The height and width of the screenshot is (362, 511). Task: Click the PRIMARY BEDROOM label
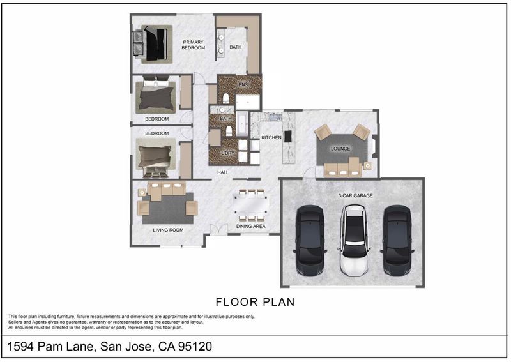click(194, 45)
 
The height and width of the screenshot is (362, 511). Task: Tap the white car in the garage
click(355, 240)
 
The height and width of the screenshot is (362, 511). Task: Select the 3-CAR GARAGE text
click(355, 196)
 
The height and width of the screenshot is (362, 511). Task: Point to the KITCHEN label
click(271, 138)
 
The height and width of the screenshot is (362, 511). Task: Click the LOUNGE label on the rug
click(340, 149)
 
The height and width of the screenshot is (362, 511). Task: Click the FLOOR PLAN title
click(255, 302)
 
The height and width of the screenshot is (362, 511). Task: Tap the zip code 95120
click(195, 346)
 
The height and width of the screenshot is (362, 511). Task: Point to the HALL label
click(223, 172)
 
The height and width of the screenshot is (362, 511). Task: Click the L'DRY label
click(228, 153)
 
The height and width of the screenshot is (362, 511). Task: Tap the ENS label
click(243, 85)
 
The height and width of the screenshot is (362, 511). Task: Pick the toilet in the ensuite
click(225, 98)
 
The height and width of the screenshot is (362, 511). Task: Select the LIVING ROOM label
click(168, 230)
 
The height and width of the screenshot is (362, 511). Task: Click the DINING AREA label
click(250, 226)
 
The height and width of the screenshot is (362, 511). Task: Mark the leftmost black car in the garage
click(310, 241)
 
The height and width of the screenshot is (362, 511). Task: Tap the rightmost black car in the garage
click(397, 241)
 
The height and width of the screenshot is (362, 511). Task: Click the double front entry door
click(218, 229)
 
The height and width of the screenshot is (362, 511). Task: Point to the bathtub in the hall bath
click(242, 124)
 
